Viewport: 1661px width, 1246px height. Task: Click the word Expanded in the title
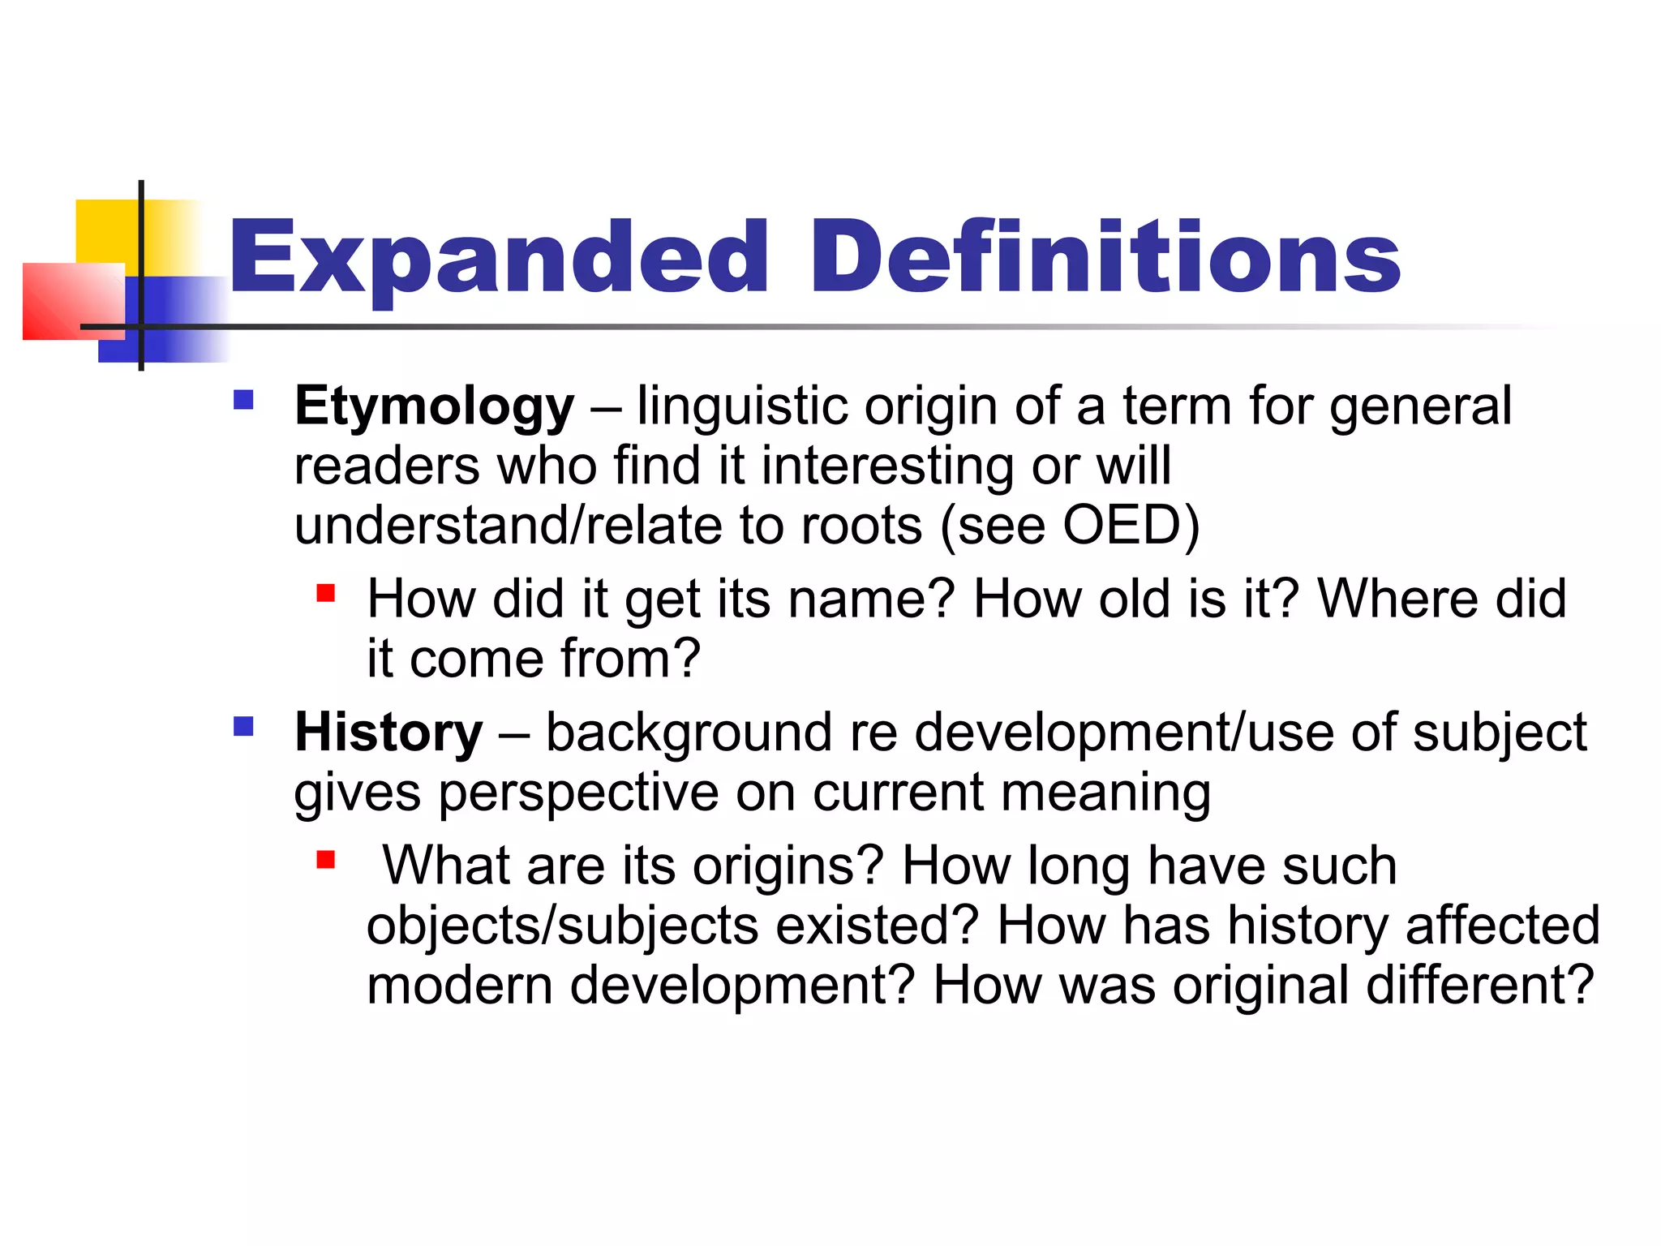(497, 258)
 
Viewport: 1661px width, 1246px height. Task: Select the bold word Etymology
(434, 406)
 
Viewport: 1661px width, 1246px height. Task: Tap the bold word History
(388, 733)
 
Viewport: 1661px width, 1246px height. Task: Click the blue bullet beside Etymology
(243, 400)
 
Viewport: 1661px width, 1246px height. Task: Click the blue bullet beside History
(243, 725)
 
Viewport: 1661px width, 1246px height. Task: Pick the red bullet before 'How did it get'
(326, 593)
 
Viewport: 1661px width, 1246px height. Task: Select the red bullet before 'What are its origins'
(326, 859)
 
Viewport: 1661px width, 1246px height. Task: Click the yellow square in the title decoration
(106, 231)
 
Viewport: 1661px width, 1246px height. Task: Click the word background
(689, 733)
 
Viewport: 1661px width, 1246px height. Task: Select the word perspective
(578, 793)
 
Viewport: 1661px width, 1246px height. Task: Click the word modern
(459, 986)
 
